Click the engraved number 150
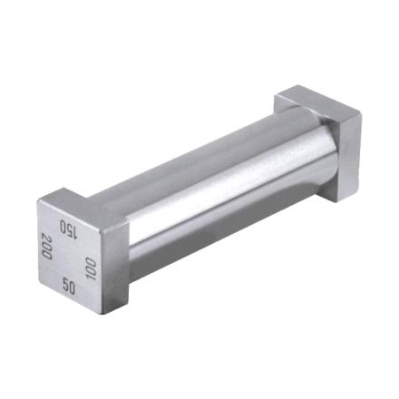coord(68,228)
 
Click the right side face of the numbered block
coord(122,263)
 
